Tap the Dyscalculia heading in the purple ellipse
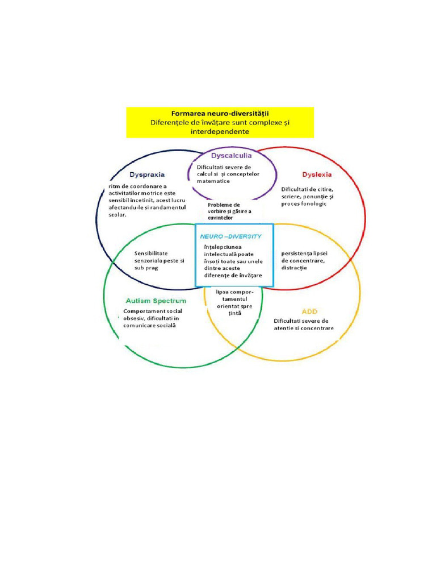tap(231, 155)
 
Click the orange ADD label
tap(309, 311)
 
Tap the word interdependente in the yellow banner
tap(220, 131)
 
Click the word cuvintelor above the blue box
tap(220, 218)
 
